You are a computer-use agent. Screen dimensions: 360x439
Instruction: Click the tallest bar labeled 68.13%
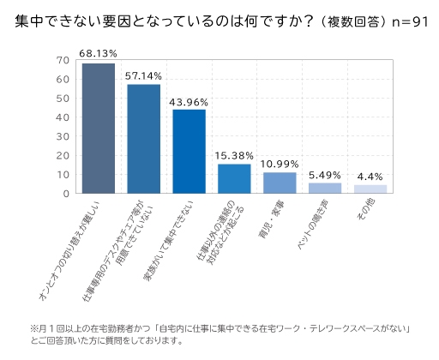tap(99, 129)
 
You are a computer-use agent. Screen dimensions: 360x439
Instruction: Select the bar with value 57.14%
tap(143, 139)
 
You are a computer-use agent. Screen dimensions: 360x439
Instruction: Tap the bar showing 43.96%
tap(189, 152)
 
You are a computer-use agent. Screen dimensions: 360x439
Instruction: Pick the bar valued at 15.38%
tap(234, 178)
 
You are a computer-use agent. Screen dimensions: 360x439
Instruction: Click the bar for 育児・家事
tap(280, 183)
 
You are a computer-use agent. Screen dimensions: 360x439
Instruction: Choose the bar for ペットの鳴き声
tap(325, 188)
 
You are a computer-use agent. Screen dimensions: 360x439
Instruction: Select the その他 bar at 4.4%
tap(370, 189)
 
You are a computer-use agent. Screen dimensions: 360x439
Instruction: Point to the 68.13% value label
tap(99, 53)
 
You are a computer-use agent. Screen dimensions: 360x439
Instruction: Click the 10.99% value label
tap(280, 163)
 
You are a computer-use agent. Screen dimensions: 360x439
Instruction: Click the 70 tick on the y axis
tap(62, 60)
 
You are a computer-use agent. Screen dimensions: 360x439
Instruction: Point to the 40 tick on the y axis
tap(62, 117)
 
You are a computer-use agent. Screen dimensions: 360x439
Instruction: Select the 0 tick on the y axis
tap(65, 194)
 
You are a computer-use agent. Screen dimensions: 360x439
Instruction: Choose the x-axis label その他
tap(364, 211)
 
